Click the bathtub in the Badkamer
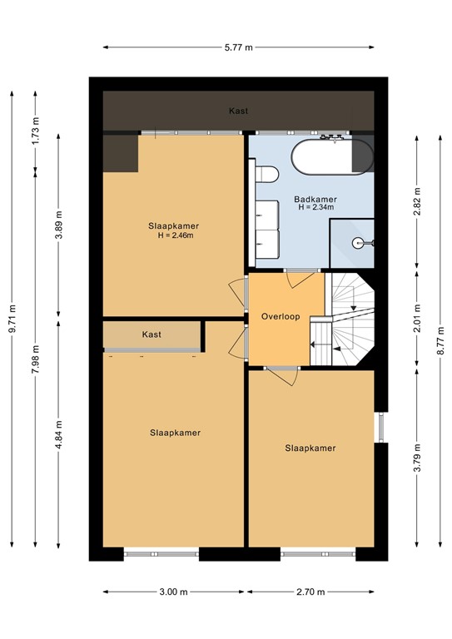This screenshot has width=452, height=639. pos(331,157)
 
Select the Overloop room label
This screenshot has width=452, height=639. pos(279,317)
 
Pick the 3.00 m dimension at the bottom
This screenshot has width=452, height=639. pos(174,592)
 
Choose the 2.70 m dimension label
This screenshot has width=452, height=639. pos(310,592)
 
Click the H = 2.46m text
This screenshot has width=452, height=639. pos(175,235)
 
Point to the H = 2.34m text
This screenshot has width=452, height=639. pos(315,208)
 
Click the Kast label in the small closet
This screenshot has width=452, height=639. pos(151,334)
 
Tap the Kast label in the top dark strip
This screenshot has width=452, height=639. pos(238,111)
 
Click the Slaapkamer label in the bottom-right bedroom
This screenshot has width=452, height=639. pos(310,448)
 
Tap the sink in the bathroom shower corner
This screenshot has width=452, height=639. pos(361,243)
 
